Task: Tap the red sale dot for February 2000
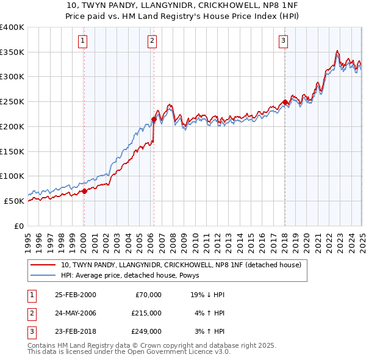click(85, 191)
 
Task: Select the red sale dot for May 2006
click(154, 120)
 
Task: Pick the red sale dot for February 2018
click(285, 103)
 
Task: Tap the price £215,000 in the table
click(146, 313)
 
